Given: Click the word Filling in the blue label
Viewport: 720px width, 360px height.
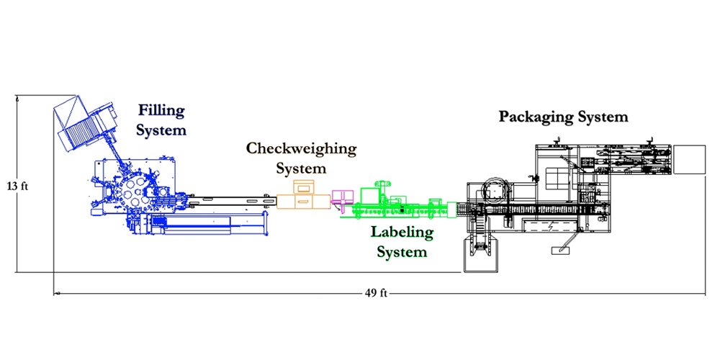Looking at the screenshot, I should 162,111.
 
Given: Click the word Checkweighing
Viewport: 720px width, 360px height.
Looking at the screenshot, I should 301,149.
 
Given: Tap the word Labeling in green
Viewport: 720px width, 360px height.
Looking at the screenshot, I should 402,232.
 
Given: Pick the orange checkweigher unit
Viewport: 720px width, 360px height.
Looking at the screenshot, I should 303,196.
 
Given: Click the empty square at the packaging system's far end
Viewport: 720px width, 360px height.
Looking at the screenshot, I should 690,159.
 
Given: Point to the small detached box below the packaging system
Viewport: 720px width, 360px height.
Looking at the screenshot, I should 561,251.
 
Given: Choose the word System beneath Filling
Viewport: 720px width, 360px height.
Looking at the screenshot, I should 162,130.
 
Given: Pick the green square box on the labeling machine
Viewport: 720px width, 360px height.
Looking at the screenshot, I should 369,196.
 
